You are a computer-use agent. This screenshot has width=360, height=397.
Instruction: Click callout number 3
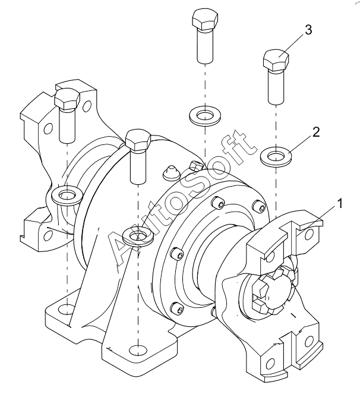coord(308,30)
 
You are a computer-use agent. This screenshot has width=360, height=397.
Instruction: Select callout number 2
coord(316,132)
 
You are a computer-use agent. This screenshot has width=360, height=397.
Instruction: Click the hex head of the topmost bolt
coord(205,20)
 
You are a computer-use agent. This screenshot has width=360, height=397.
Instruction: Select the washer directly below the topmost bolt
coord(205,116)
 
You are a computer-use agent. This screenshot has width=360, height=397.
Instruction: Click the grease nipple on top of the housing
coord(171,173)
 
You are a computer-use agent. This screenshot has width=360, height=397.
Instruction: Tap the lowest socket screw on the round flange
coord(176,308)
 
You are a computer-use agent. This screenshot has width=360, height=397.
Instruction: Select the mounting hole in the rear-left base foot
coord(66,310)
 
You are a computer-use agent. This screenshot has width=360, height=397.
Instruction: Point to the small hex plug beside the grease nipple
coord(197,165)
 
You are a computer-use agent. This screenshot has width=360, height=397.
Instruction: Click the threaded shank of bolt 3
coord(276,87)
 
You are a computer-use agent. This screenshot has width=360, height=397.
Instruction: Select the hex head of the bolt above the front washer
coord(138,141)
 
